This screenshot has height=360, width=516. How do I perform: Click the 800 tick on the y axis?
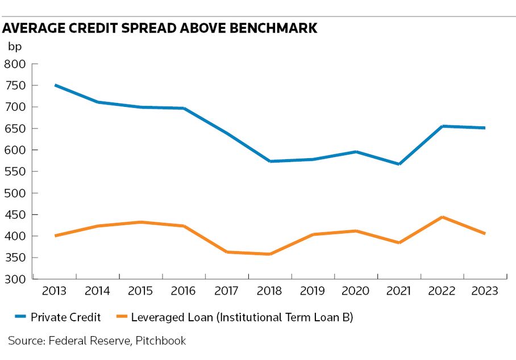coord(15,64)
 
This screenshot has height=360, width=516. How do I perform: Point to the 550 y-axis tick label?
coord(15,171)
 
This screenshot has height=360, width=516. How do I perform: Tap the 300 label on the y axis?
coord(15,279)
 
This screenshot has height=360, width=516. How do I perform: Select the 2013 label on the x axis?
coord(54,291)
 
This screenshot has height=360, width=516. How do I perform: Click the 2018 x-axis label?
coord(270,291)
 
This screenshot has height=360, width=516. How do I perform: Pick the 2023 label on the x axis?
coord(485,291)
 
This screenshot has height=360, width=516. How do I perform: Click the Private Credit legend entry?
coord(65,317)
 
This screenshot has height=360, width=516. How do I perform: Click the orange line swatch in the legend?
coord(125,318)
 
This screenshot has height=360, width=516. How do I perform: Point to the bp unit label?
coord(14,47)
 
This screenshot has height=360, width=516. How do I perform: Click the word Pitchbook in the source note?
coord(161,341)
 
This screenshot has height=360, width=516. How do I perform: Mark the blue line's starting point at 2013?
coord(55,85)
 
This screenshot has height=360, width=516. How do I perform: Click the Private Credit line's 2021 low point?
coord(400,164)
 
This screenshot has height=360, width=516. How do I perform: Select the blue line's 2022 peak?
coord(442,126)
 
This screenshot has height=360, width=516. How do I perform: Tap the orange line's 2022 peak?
coord(442,217)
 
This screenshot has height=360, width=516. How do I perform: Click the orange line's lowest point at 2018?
coord(270,254)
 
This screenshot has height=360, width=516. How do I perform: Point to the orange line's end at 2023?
coord(485,233)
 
